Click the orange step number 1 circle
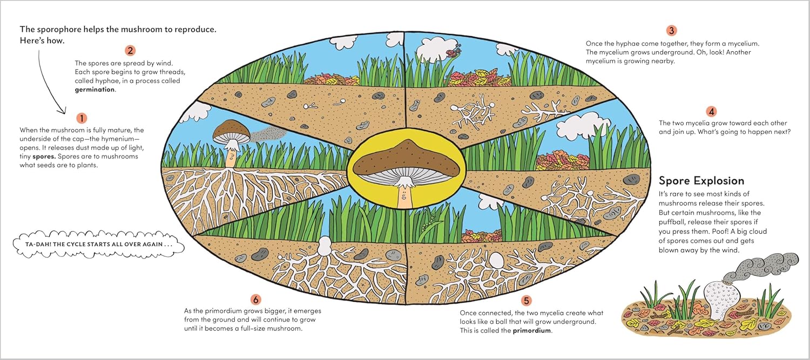point(82,118)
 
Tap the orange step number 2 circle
point(130,51)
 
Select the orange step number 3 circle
point(672,30)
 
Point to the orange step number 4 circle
point(711,111)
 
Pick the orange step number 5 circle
point(526,301)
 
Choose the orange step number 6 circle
point(255,300)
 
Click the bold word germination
point(94,90)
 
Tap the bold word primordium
point(531,330)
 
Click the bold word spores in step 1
point(44,157)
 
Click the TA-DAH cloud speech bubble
point(98,244)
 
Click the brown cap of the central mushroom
point(407,159)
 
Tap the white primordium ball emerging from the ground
point(325,246)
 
